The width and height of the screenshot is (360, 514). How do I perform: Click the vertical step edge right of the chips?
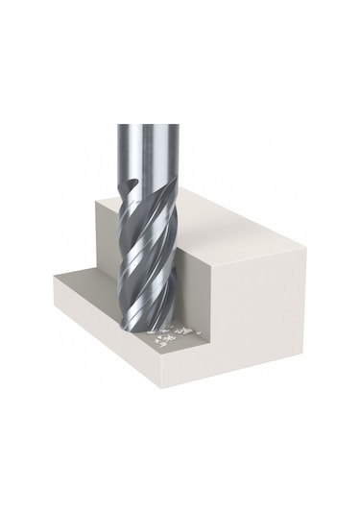[205, 288]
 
